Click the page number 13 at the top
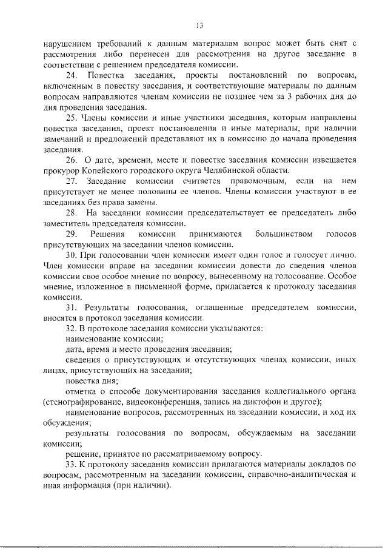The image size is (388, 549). [198, 25]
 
